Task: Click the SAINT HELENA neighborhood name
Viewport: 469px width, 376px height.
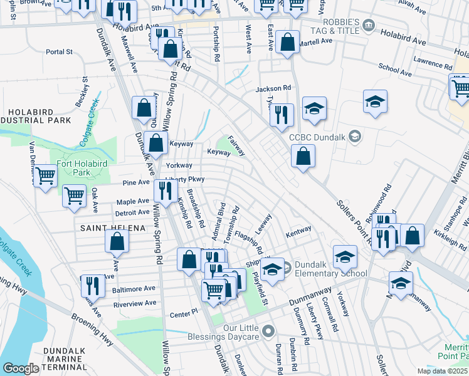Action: [104, 228]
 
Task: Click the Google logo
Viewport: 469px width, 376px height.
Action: [21, 368]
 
